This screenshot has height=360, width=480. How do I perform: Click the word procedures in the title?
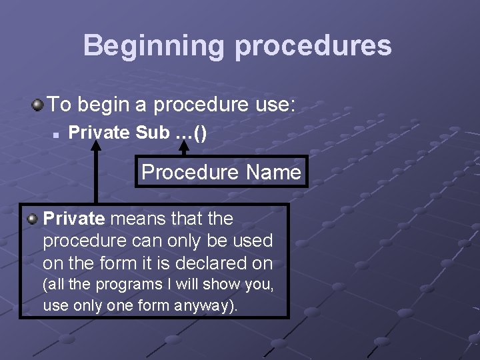click(313, 45)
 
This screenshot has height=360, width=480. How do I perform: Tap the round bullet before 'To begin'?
click(39, 104)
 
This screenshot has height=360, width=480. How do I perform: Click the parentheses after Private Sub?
click(200, 133)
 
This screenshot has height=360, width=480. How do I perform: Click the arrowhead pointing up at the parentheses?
click(183, 149)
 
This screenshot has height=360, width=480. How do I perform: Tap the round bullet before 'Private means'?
click(31, 218)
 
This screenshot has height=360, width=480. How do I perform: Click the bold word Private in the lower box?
click(74, 218)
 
